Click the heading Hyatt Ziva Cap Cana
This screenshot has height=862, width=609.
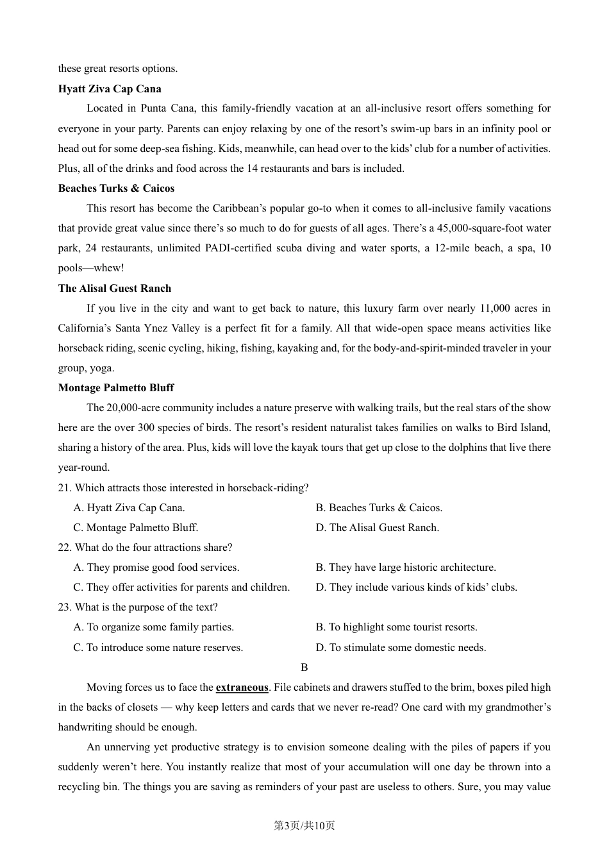(110, 89)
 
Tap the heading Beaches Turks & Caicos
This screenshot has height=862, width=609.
(116, 188)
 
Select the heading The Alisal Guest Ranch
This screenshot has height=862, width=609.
(115, 288)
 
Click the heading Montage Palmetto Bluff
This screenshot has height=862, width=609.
(116, 387)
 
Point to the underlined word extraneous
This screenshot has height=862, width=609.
(242, 687)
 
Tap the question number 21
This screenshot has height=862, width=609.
(64, 487)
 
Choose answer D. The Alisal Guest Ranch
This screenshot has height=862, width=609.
(377, 527)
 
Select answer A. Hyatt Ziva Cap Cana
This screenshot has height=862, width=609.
(129, 507)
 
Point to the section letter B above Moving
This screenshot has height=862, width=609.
(304, 667)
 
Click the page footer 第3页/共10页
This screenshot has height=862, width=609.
(304, 825)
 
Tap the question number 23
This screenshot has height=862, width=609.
(64, 607)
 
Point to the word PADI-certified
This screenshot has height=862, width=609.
(239, 248)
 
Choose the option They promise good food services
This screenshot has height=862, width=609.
(156, 567)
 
